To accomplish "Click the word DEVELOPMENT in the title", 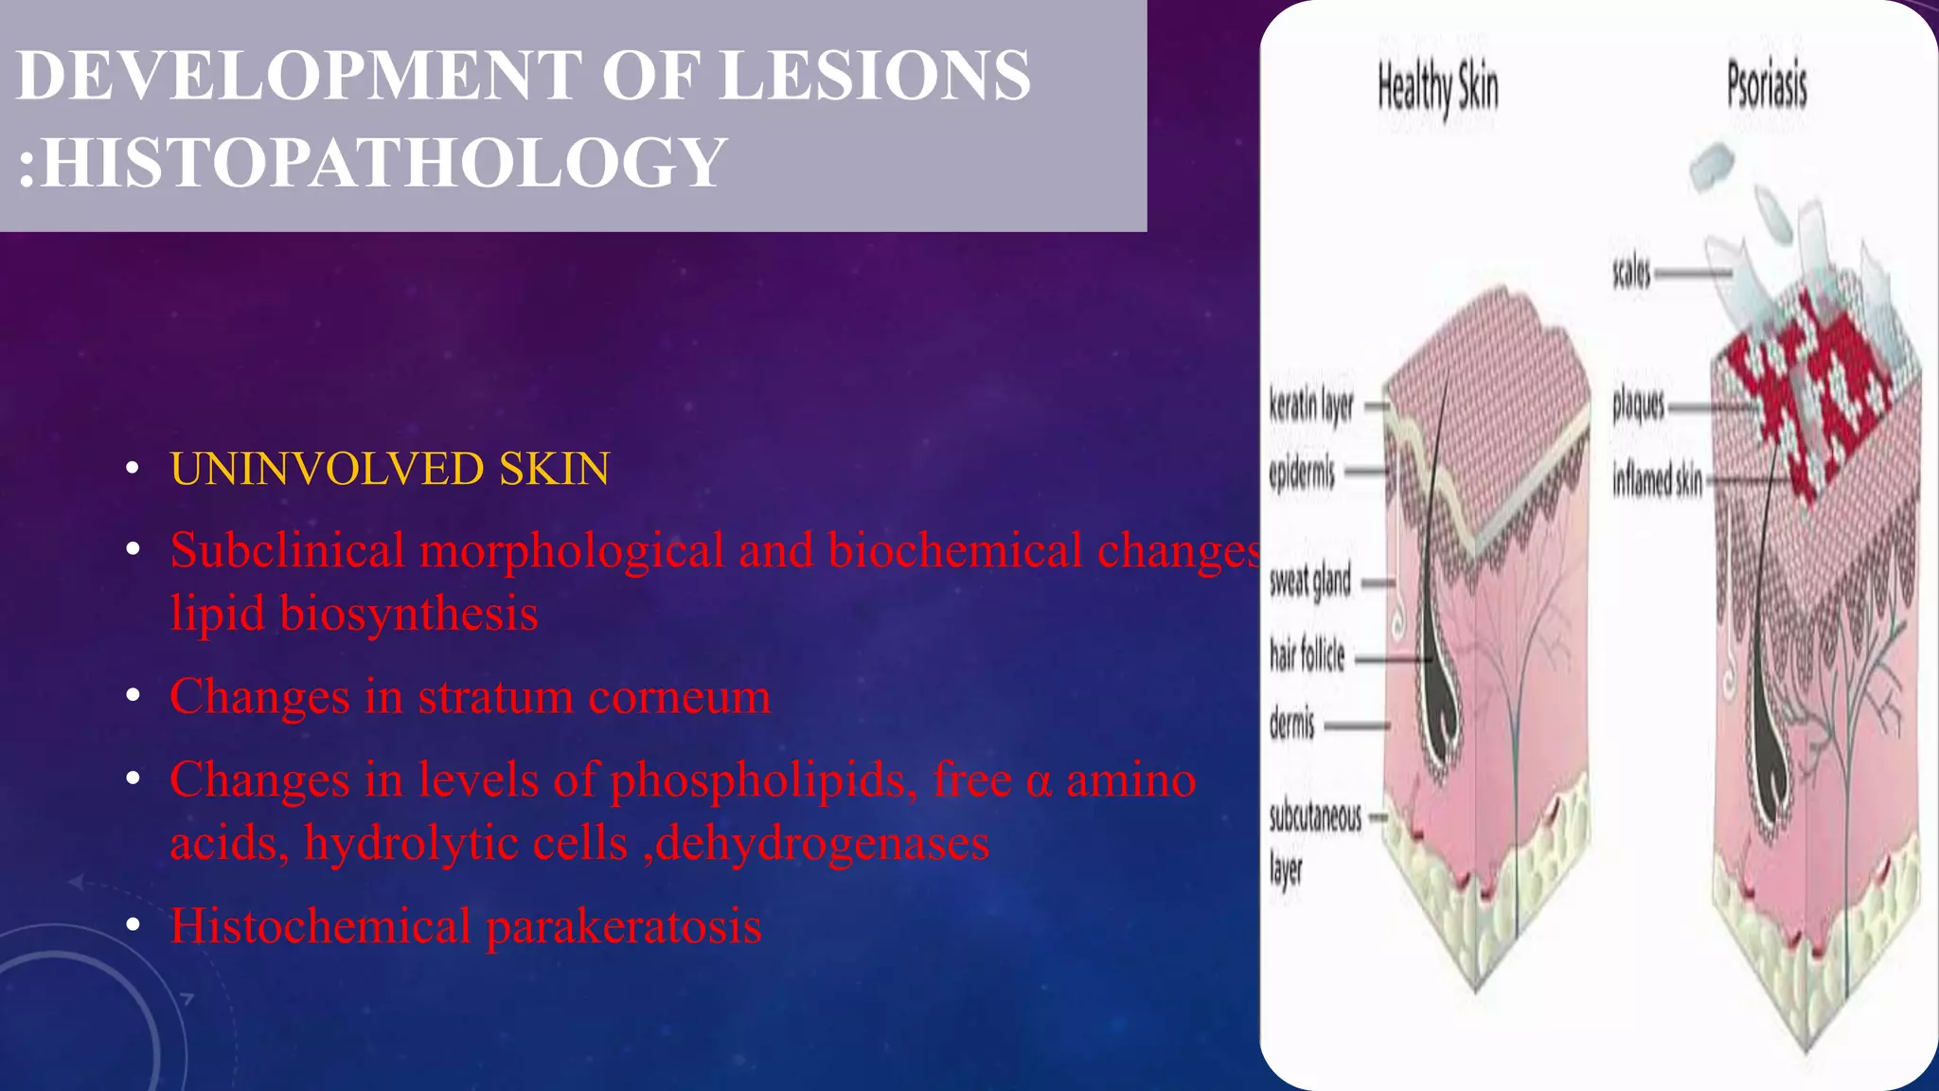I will [x=299, y=76].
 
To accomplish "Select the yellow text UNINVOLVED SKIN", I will [x=389, y=469].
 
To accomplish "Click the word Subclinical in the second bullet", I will [x=287, y=551].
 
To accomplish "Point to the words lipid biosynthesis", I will [x=354, y=614].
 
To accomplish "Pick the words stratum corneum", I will [x=595, y=697].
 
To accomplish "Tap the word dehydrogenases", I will [x=822, y=843].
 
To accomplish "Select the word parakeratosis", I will [x=624, y=926].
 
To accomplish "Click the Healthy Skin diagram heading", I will [x=1437, y=87].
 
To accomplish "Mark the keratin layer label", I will [x=1311, y=406].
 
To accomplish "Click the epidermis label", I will [x=1302, y=472].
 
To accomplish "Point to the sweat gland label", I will [x=1310, y=581].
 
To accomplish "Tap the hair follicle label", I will [x=1307, y=654].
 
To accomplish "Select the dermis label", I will [x=1292, y=724].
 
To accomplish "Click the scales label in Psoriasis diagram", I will [x=1631, y=274].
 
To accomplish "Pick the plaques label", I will [x=1638, y=405].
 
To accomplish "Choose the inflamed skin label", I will [x=1657, y=480].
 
